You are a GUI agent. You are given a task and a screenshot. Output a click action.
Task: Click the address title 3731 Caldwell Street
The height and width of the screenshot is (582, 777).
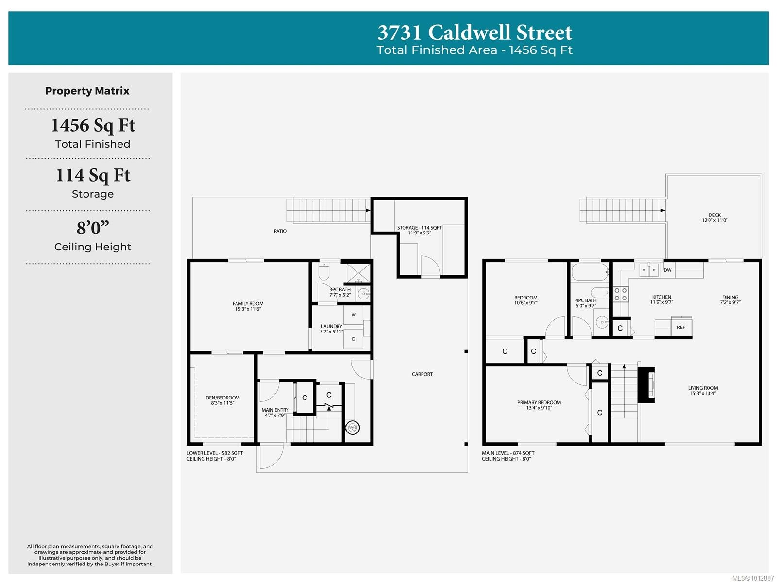(474, 33)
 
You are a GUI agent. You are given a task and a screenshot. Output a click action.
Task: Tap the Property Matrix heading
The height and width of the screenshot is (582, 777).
(87, 91)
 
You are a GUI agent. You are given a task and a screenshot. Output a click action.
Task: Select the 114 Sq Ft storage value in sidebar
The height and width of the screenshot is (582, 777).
(93, 176)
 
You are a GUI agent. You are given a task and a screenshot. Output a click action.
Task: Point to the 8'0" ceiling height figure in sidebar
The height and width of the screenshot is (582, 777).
(93, 228)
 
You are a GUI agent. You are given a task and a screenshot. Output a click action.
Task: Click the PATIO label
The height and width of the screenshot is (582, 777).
(280, 231)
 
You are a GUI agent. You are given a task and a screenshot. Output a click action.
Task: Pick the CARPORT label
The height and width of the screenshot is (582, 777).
(422, 374)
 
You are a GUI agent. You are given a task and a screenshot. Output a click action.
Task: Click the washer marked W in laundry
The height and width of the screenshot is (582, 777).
(353, 315)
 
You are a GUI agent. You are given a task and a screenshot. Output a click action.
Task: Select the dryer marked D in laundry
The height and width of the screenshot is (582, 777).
(353, 339)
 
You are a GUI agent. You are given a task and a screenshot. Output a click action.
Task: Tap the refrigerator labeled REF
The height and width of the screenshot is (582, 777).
(681, 327)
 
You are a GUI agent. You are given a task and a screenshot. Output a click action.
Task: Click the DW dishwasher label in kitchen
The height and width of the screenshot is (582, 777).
(667, 270)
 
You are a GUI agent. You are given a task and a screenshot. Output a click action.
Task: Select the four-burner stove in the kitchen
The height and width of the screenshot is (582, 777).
(620, 294)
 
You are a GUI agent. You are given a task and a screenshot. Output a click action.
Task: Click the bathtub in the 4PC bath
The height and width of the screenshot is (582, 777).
(590, 272)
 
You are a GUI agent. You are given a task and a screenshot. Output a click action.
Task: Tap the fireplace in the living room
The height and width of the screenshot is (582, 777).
(646, 384)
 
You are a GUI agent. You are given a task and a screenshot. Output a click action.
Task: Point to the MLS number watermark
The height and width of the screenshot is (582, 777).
(753, 578)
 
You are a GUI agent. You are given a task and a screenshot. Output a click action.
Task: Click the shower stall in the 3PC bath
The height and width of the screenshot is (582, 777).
(358, 273)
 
